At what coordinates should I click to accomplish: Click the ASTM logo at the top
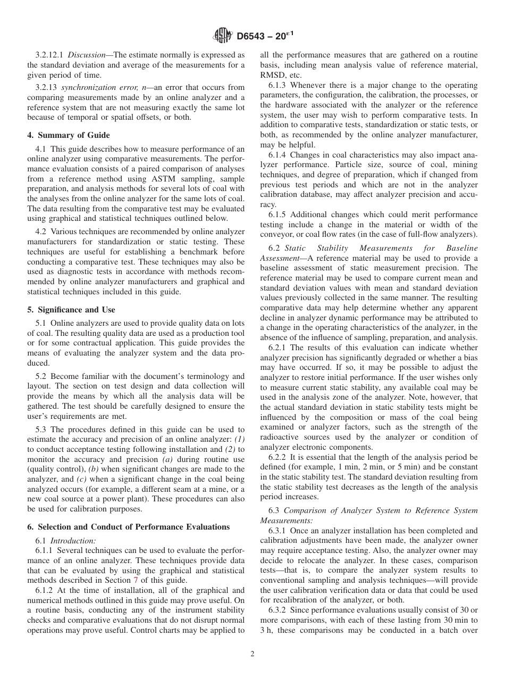click(222, 36)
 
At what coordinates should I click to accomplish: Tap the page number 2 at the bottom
click(252, 654)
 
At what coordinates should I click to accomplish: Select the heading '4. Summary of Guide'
click(69, 135)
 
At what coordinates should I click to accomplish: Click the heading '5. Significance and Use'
click(71, 310)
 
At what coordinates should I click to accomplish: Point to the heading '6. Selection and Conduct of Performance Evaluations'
click(129, 527)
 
